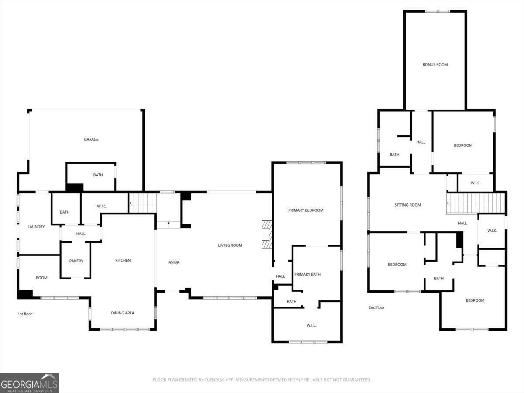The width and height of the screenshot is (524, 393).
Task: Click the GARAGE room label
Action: (91, 139)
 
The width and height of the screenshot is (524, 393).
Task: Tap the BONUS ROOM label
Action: (435, 65)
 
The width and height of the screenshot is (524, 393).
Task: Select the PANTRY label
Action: (76, 261)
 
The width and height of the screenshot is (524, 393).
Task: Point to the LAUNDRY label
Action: (36, 227)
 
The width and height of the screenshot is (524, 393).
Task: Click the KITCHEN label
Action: (123, 260)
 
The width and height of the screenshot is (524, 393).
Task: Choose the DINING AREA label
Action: (123, 313)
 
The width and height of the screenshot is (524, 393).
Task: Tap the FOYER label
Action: (173, 263)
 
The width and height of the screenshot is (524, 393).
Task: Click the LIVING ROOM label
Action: (230, 245)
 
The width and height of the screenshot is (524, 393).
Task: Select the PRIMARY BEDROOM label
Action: (306, 210)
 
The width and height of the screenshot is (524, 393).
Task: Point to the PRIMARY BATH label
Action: (307, 274)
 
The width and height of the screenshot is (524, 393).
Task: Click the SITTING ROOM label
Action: (407, 205)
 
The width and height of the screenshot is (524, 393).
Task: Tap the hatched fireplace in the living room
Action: (267, 234)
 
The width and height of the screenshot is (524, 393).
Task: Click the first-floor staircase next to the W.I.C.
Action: (143, 203)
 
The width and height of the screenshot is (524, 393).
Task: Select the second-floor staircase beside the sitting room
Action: (476, 203)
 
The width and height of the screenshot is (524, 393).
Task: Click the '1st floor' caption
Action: (25, 314)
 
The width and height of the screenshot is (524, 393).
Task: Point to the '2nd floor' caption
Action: (376, 307)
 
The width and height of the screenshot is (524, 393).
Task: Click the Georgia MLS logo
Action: (30, 383)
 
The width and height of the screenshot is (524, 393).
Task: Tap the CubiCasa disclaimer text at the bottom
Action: (262, 379)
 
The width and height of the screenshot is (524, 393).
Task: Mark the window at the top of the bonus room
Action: (438, 11)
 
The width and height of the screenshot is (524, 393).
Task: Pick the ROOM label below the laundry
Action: (41, 278)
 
